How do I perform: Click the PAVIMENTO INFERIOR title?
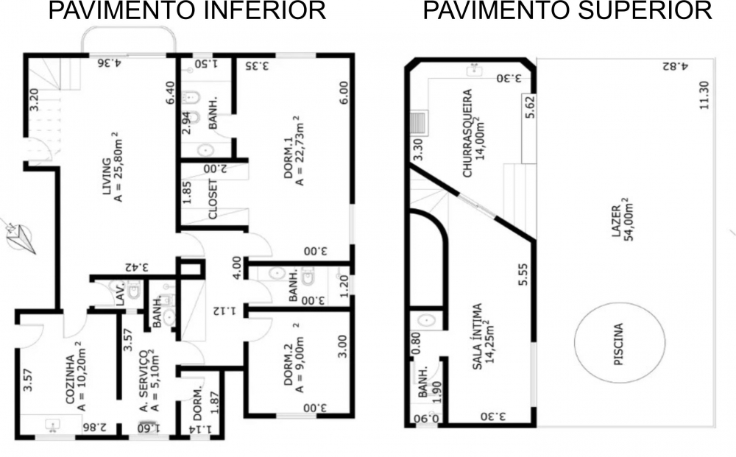[x=187, y=10]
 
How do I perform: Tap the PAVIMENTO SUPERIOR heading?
[x=567, y=10]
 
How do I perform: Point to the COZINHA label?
[x=70, y=380]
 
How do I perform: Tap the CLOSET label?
[x=213, y=199]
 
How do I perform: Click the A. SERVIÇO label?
[x=144, y=380]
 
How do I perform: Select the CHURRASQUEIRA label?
[x=467, y=133]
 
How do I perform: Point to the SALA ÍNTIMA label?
[x=477, y=336]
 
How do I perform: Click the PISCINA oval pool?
[x=620, y=343]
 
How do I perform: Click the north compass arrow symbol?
[x=20, y=236]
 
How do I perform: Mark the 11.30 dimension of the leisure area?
[x=704, y=95]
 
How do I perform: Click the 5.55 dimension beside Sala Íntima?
[x=523, y=274]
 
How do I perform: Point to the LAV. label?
[x=120, y=294]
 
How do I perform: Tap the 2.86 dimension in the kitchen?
[x=94, y=427]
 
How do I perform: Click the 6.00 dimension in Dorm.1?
[x=344, y=93]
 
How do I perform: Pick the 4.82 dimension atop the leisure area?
[x=675, y=66]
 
